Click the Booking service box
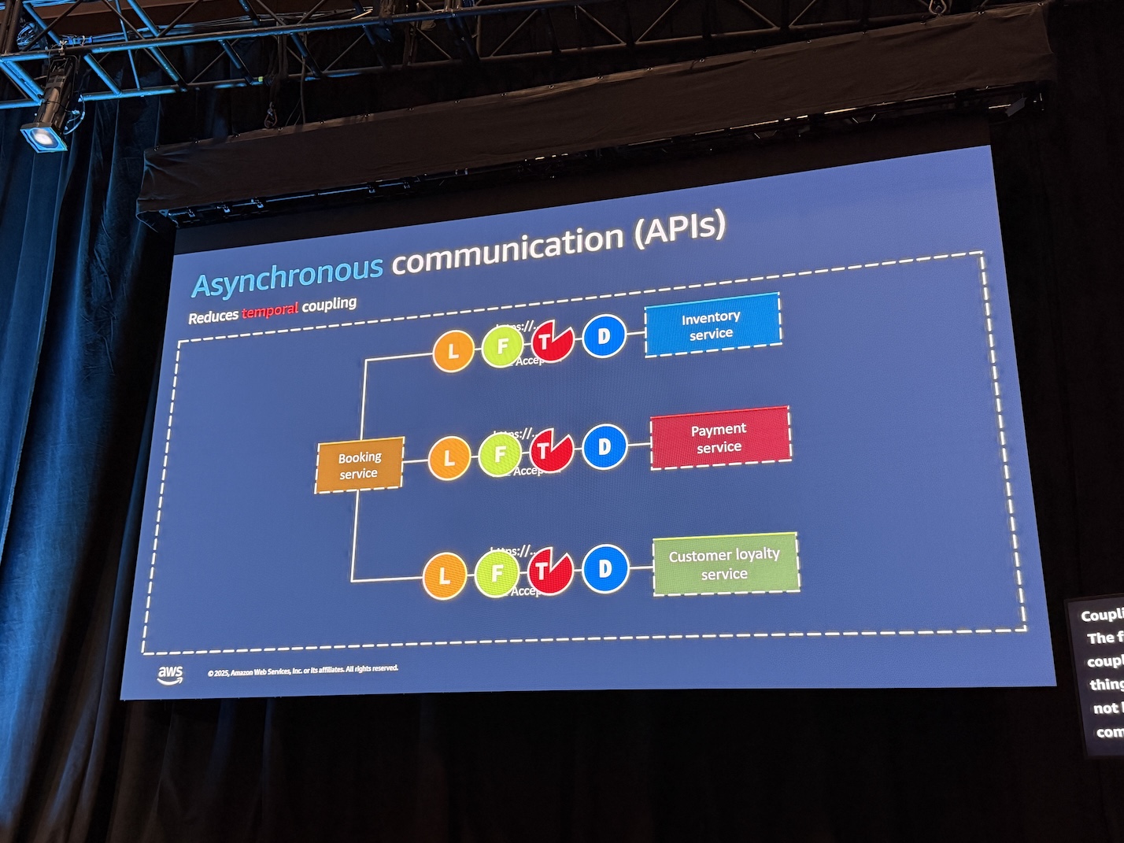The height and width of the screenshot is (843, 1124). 359,465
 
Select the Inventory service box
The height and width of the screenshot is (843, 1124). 712,325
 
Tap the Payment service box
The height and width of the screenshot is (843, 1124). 719,438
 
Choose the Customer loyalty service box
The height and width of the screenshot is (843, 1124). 725,564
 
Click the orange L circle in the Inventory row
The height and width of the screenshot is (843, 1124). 453,351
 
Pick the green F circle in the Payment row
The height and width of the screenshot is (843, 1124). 499,454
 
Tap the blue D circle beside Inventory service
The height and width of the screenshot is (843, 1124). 604,337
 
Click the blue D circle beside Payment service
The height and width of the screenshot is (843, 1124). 605,447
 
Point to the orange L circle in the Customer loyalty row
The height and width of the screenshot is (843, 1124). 445,576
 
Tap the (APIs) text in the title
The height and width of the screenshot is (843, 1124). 679,227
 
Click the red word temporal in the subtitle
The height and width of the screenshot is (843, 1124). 269,310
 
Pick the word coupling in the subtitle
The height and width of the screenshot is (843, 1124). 329,304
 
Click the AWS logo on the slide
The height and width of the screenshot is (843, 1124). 170,675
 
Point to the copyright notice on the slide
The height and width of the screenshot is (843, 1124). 303,671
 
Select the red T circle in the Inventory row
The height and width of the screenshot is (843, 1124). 552,342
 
